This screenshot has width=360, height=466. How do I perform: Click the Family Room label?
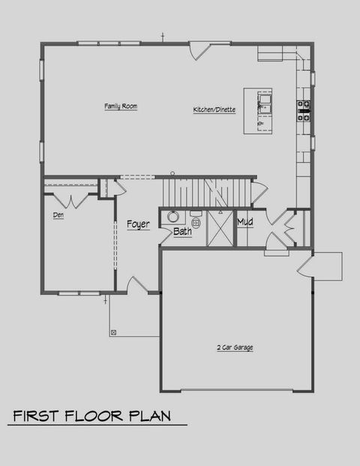tap(120, 107)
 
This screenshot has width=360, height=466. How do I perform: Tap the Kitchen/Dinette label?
tap(214, 110)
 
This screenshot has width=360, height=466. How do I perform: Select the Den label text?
tap(58, 215)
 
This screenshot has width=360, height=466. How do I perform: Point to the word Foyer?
tap(138, 224)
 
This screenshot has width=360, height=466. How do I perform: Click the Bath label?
tap(182, 232)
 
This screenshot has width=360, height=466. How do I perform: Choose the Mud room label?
tap(244, 222)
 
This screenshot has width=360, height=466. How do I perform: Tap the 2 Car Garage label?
tap(234, 347)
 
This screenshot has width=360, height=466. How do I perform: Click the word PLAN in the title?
tap(149, 415)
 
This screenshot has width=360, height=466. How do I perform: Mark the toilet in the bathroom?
tap(196, 223)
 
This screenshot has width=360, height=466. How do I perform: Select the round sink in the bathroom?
tap(172, 217)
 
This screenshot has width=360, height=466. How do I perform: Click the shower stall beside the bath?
tap(220, 228)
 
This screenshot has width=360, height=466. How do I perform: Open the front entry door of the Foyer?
tap(137, 285)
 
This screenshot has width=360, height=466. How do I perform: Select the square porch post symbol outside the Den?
tap(112, 331)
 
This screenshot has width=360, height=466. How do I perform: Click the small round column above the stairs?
tap(172, 173)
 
